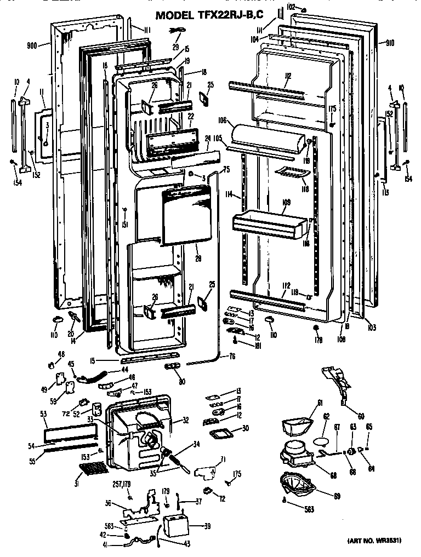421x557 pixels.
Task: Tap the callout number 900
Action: (32, 45)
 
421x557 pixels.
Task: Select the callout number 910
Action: (390, 43)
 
